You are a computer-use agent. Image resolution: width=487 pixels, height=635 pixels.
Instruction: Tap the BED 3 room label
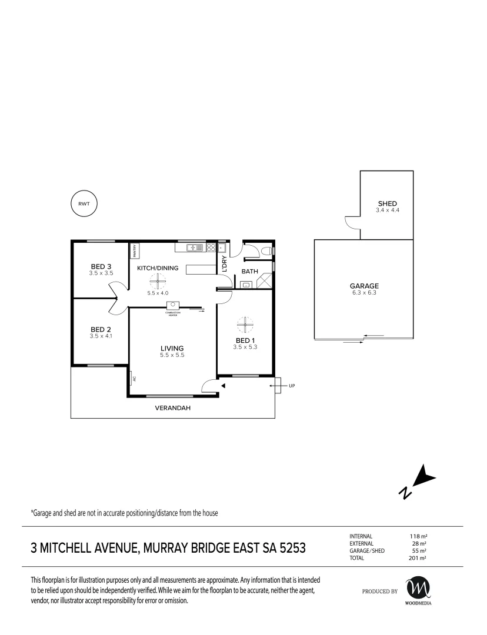[x=101, y=266]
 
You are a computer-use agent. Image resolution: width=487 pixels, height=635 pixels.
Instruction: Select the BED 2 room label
[x=101, y=330]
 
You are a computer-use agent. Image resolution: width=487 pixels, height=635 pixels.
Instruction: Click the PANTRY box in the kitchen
[x=135, y=250]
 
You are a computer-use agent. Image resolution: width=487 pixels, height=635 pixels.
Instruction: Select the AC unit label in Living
[x=134, y=379]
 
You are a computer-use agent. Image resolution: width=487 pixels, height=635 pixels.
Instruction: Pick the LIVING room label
[x=172, y=348]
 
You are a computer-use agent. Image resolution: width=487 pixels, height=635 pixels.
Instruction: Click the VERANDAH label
[x=172, y=408]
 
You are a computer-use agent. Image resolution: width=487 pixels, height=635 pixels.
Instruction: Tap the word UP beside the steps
[x=292, y=386]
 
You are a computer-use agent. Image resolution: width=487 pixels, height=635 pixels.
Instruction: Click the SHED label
[x=388, y=203]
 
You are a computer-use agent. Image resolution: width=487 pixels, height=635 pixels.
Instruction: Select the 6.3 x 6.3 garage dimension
[x=364, y=292]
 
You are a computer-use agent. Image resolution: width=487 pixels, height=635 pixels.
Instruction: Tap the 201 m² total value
[x=418, y=558]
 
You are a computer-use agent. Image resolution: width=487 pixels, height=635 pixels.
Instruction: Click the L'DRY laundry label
[x=225, y=263]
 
